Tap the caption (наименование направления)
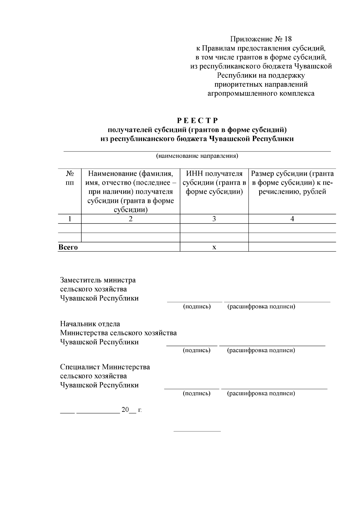[197, 156]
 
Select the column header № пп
[70, 178]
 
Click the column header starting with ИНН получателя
[214, 183]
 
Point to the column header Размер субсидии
[292, 183]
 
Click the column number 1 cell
[70, 219]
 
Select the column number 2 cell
[130, 219]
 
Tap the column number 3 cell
[214, 219]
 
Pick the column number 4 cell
[292, 219]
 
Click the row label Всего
[68, 247]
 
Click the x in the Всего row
[214, 247]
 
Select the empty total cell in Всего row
[292, 247]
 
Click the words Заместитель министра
[98, 280]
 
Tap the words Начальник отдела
[90, 324]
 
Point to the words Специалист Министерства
[105, 367]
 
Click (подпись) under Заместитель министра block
[197, 307]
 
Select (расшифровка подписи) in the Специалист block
[261, 393]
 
